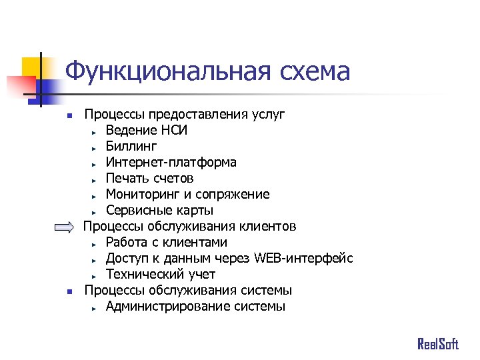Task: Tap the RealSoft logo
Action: [438, 344]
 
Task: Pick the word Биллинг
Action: [131, 146]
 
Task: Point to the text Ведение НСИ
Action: [146, 130]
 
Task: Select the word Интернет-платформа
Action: [171, 162]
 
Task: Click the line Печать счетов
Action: [149, 178]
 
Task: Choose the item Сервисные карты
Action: [159, 211]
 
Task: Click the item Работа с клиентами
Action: [166, 242]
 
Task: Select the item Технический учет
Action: [161, 274]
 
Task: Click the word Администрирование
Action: [167, 306]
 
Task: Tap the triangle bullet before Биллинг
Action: [95, 147]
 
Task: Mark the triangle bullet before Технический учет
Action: [95, 275]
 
